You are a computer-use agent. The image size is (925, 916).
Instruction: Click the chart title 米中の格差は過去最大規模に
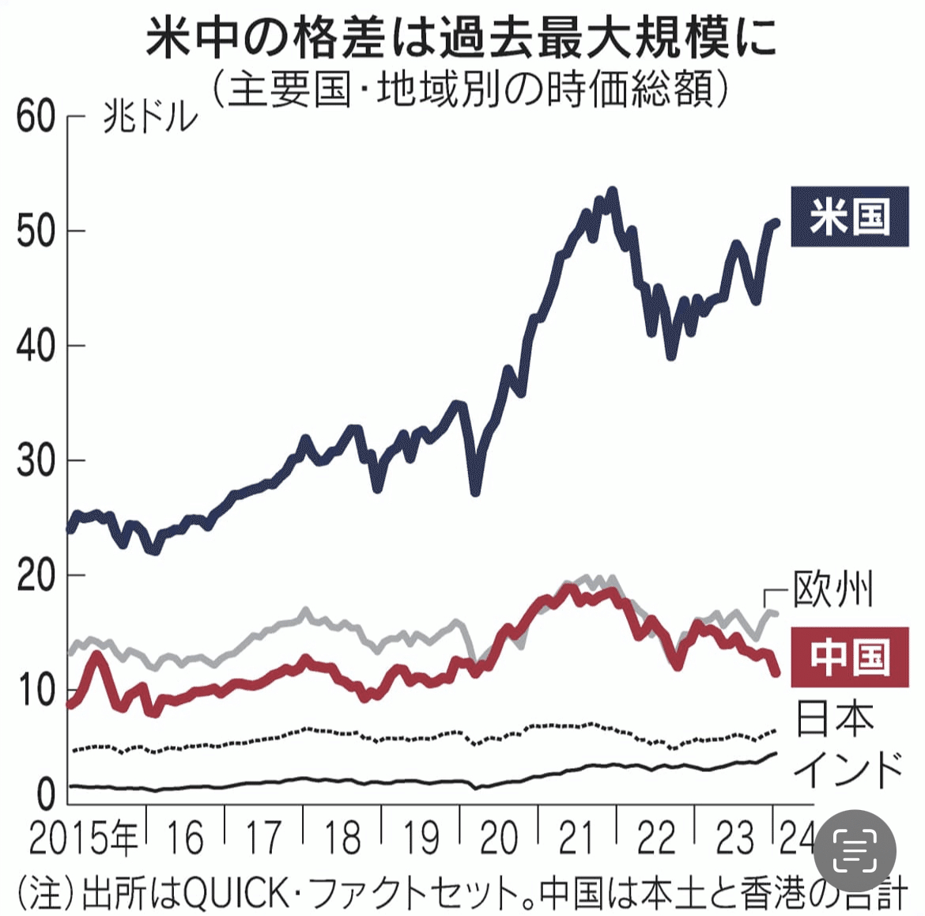(462, 39)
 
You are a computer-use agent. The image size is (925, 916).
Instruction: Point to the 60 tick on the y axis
(36, 117)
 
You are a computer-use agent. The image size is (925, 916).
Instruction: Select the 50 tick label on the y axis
(36, 231)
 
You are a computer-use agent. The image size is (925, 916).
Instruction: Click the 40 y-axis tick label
(36, 346)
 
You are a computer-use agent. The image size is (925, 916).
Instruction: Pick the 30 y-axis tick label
(36, 460)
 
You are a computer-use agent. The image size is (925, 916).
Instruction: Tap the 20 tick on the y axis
(36, 575)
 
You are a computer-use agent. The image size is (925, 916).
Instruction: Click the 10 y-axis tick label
(36, 690)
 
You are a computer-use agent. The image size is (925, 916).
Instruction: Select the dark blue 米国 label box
(849, 217)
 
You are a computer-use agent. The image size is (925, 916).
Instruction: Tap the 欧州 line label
(833, 590)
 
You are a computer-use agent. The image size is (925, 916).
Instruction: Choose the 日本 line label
(835, 718)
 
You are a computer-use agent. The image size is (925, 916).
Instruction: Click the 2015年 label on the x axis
(84, 839)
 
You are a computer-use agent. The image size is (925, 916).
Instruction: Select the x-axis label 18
(342, 839)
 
